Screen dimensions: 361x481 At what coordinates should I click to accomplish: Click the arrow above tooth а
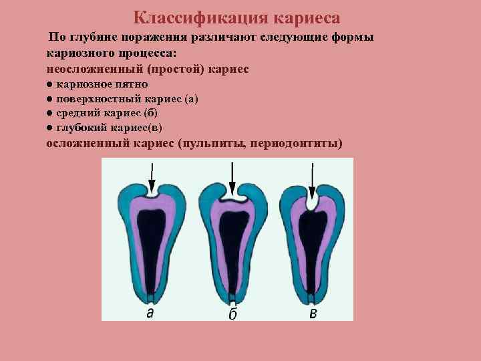coord(152,178)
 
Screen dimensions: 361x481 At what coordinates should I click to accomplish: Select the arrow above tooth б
coord(232,179)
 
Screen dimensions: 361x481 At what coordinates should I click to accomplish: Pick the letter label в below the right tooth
coord(313,312)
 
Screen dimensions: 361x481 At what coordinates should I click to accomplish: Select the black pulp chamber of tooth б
coord(232,241)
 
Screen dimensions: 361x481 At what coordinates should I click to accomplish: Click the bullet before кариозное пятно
coord(50,85)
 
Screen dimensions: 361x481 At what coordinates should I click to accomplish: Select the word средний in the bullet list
coord(76,113)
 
